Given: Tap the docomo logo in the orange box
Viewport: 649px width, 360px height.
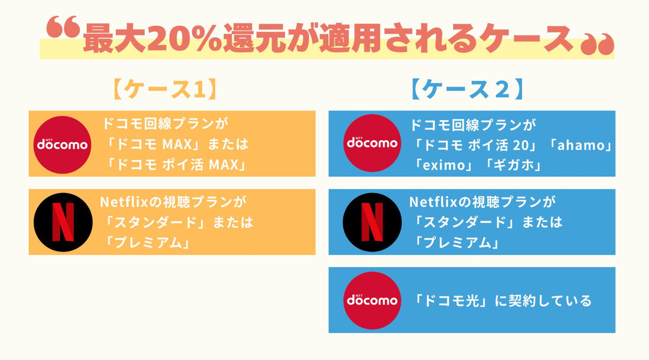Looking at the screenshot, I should coord(62,144).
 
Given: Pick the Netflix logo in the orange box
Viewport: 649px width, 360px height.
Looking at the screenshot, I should coord(61,221).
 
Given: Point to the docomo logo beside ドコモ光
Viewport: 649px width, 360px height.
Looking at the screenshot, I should coord(372,300).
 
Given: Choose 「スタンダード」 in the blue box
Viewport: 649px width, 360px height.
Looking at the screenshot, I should coord(462,222).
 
